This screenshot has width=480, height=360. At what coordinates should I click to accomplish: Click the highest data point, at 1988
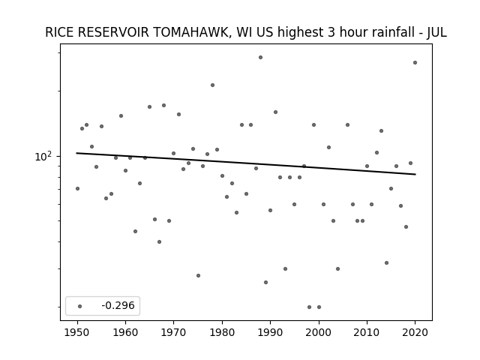pyautogui.click(x=260, y=57)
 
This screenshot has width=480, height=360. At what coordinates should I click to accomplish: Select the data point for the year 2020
pyautogui.click(x=415, y=62)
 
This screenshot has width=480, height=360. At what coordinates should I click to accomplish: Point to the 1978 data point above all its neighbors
pyautogui.click(x=212, y=85)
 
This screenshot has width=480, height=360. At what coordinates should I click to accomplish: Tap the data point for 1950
pyautogui.click(x=77, y=188)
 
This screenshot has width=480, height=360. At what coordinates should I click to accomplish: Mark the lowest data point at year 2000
pyautogui.click(x=319, y=307)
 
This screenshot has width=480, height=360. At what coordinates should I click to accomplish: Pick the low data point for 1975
pyautogui.click(x=198, y=275)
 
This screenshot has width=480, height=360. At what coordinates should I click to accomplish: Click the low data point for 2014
pyautogui.click(x=387, y=262)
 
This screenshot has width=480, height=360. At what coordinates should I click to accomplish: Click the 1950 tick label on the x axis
pyautogui.click(x=77, y=332)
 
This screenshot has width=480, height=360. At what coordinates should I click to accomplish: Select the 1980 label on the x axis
pyautogui.click(x=222, y=332)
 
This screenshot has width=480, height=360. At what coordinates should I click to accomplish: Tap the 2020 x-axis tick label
pyautogui.click(x=415, y=332)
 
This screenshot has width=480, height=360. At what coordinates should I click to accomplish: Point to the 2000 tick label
pyautogui.click(x=319, y=332)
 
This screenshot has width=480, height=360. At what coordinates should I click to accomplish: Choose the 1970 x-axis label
pyautogui.click(x=173, y=332)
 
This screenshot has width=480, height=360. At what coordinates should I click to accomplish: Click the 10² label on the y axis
pyautogui.click(x=43, y=156)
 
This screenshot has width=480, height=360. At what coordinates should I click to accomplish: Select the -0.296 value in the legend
pyautogui.click(x=118, y=305)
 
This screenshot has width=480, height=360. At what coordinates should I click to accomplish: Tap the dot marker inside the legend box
pyautogui.click(x=79, y=306)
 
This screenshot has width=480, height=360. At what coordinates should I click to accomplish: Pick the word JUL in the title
pyautogui.click(x=436, y=32)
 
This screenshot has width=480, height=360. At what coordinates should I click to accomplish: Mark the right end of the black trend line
pyautogui.click(x=415, y=174)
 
